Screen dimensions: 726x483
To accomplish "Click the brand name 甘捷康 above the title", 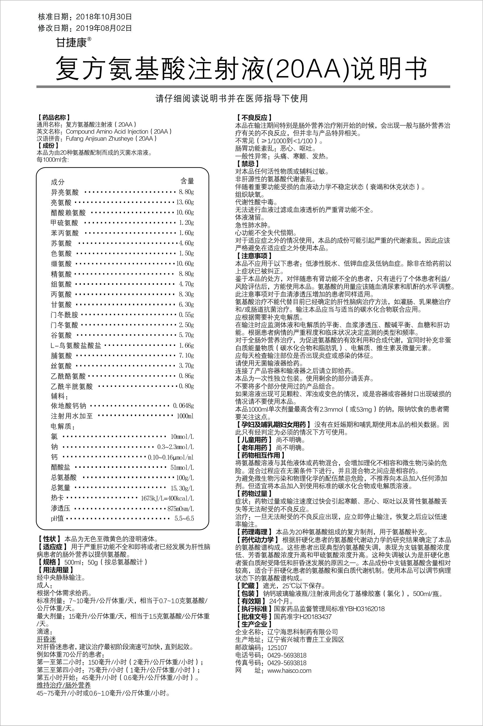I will click(71, 42).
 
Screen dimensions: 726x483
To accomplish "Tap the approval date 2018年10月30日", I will click(104, 17).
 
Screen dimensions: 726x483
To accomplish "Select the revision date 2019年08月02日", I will click(104, 28).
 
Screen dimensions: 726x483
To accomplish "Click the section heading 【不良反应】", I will click(254, 118).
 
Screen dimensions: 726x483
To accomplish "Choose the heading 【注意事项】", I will click(254, 256).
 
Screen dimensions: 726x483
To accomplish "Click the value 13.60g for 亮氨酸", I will click(185, 202).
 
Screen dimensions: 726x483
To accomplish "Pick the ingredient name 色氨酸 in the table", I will click(61, 254).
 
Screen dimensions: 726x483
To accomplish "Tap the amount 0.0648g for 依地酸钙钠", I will click(183, 406).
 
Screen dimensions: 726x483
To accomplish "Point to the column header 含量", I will click(187, 181).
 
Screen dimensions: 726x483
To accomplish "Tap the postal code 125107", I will click(277, 648).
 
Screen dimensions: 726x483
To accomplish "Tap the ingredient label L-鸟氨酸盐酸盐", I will click(76, 346).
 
